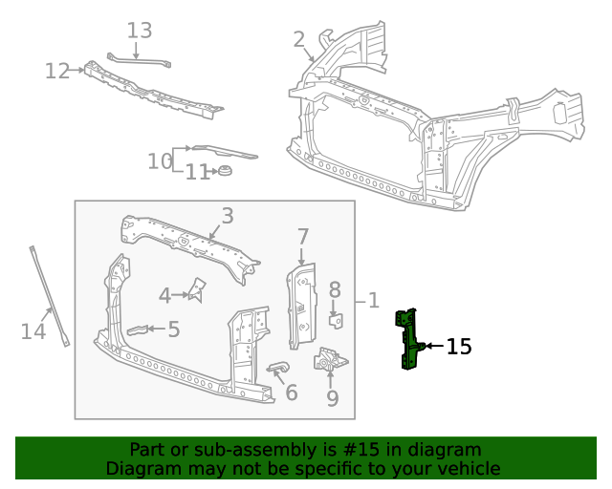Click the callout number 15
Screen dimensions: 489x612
tap(459, 347)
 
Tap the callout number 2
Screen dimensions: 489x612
tap(299, 39)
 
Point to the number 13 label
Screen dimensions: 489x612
tap(140, 31)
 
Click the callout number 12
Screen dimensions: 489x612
tap(57, 71)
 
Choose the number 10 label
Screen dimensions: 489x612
tap(159, 161)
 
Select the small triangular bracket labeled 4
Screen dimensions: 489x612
tap(198, 289)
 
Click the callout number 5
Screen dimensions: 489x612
tap(173, 330)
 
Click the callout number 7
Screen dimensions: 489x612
tap(302, 236)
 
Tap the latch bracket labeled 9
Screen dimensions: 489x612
tap(330, 362)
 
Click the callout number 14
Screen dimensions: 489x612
tap(33, 331)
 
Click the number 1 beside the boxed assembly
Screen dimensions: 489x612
tap(373, 301)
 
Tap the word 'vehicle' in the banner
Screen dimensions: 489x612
tap(468, 468)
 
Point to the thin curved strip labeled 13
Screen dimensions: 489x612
tap(140, 60)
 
